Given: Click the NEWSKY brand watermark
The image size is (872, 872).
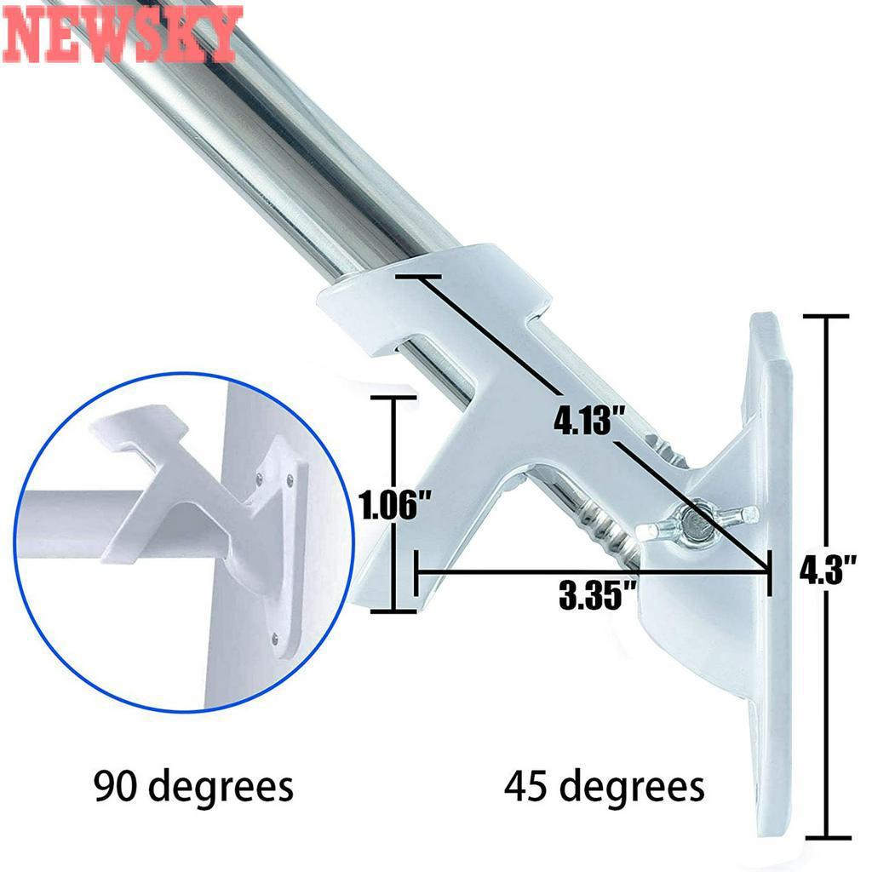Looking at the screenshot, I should pos(122,34).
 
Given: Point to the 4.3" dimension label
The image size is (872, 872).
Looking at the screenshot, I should pos(826,569).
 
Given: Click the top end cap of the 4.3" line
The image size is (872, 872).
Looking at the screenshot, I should pos(825,317).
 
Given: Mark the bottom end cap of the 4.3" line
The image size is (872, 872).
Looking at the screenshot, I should pos(825,837).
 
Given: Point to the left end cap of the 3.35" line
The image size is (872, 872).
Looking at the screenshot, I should pos(416,572).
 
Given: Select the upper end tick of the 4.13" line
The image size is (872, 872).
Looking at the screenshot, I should pos(416,278).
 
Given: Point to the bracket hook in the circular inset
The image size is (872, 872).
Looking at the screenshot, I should pos(141,434).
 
